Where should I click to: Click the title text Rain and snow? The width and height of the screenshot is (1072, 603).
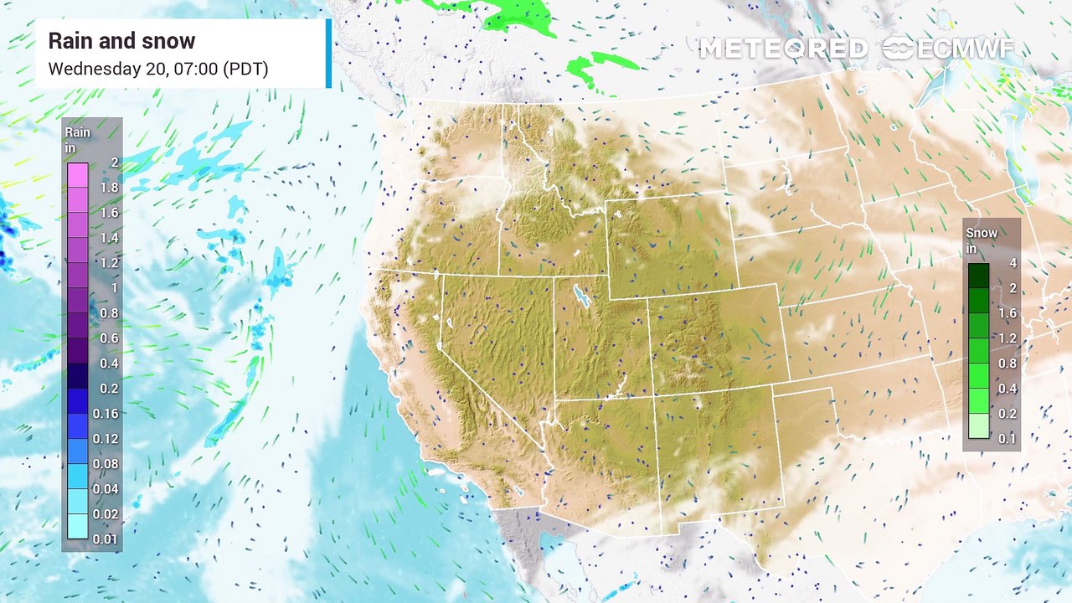[x=121, y=41]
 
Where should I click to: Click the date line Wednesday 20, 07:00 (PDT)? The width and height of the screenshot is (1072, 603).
[x=157, y=69]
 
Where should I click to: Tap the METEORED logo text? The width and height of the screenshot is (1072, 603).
[x=783, y=49]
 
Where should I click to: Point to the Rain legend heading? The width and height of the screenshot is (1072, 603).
[x=77, y=139]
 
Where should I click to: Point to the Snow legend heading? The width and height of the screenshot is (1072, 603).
[x=982, y=240]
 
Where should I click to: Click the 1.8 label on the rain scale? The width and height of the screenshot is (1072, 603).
[x=109, y=188]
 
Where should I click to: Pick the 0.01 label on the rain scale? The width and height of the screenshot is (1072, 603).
[x=106, y=539]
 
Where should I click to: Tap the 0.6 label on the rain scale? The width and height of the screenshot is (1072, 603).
[x=109, y=338]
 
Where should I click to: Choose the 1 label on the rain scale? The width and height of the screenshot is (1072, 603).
[x=114, y=288]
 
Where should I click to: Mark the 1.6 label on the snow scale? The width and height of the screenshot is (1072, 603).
[x=1007, y=312]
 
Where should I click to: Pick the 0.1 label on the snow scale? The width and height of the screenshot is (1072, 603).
[x=1007, y=438]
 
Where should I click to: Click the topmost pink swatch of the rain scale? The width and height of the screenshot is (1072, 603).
[x=78, y=175]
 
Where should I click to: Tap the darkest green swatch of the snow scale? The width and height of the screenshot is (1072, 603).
[x=978, y=276]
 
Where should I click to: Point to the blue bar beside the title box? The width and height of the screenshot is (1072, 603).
[x=328, y=54]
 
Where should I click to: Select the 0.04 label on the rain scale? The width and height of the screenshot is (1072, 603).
[x=106, y=489]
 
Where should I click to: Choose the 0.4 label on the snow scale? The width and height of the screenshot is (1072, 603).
[x=1007, y=388]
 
